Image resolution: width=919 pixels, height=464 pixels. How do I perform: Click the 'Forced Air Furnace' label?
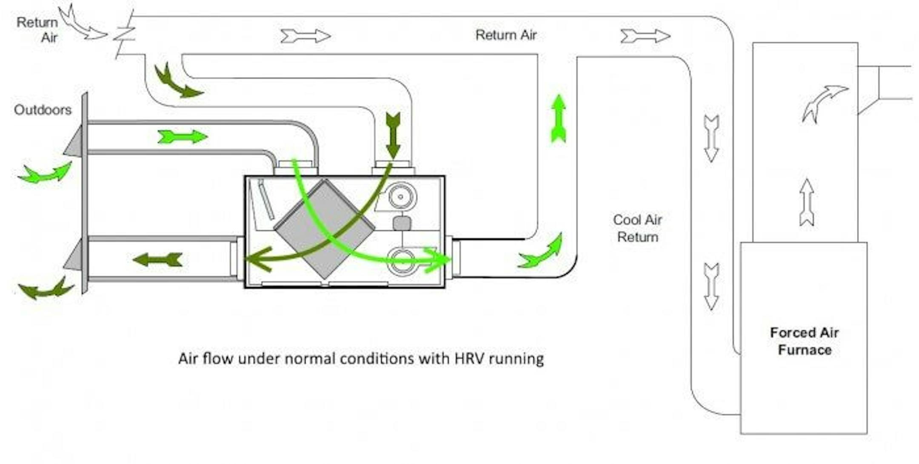[804, 341]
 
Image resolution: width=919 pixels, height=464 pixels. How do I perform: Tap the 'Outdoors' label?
[43, 110]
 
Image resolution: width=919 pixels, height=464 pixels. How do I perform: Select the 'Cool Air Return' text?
[637, 228]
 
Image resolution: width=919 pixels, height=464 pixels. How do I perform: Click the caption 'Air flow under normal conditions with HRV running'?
[361, 359]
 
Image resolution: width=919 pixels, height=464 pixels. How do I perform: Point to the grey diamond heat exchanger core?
[324, 229]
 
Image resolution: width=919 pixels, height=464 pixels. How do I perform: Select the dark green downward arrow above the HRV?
[393, 135]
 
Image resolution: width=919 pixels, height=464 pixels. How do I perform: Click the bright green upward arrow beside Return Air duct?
[558, 118]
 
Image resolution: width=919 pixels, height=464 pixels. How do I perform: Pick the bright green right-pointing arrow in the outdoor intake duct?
[183, 137]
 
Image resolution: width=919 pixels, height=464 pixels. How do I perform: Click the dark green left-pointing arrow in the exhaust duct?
[158, 259]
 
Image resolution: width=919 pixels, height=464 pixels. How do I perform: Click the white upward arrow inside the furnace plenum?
[807, 202]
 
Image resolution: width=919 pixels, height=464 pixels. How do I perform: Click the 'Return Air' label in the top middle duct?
[506, 35]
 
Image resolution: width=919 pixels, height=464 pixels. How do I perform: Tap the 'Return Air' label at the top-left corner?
[37, 29]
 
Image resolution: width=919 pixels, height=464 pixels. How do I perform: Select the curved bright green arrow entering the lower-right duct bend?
[541, 252]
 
